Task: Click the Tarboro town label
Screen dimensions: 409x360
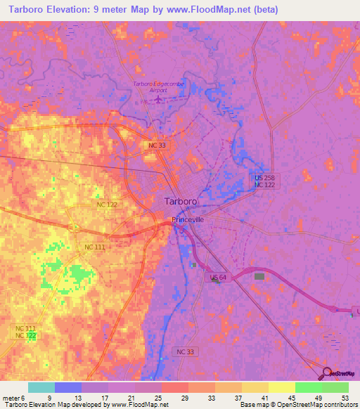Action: (180, 200)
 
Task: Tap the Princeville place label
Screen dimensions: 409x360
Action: (188, 219)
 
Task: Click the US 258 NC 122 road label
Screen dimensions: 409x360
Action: (264, 181)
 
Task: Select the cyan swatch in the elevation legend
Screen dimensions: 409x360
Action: (41, 387)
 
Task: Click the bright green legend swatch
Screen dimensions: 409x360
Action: (308, 387)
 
